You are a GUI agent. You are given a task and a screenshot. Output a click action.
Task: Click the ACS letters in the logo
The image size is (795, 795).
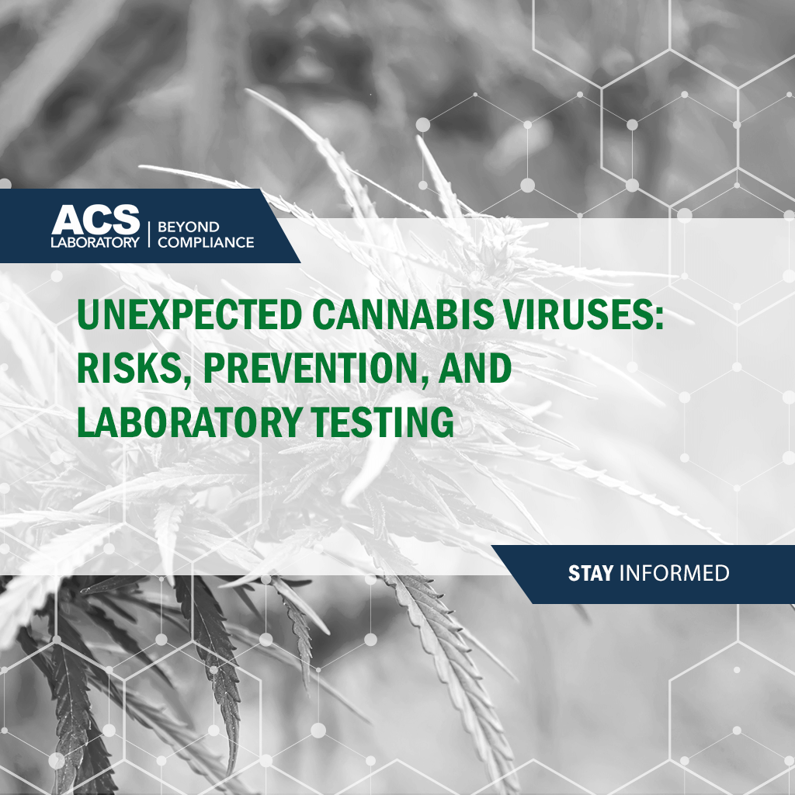[x=95, y=219]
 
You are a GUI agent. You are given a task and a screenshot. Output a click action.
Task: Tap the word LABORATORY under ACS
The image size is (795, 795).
[x=95, y=242]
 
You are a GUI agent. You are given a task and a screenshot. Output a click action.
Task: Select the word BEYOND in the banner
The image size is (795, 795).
[x=189, y=227]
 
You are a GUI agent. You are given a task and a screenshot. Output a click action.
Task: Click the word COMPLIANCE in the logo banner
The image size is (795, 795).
[x=206, y=242]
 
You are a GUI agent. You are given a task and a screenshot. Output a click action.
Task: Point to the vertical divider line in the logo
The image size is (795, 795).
[x=149, y=234]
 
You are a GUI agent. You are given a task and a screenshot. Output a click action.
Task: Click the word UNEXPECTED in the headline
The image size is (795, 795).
[x=189, y=315]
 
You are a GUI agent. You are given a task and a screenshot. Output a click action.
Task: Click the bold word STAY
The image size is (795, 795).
[x=591, y=574]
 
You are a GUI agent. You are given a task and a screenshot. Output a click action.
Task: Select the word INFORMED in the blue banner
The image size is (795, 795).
[x=675, y=574]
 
